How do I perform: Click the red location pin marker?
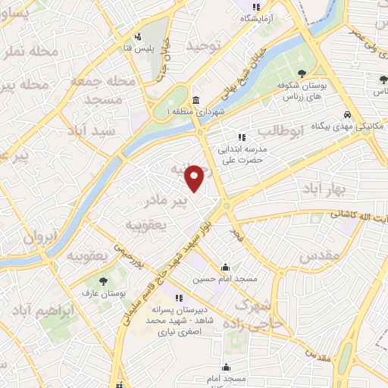(x=195, y=178)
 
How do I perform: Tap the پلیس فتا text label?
(x=139, y=49)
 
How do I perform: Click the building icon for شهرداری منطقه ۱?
(x=196, y=101)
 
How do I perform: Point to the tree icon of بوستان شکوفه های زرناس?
(x=302, y=73)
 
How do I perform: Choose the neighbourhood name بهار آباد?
(x=328, y=186)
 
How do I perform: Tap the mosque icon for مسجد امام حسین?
(x=225, y=267)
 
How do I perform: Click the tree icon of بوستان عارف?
(x=103, y=283)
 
